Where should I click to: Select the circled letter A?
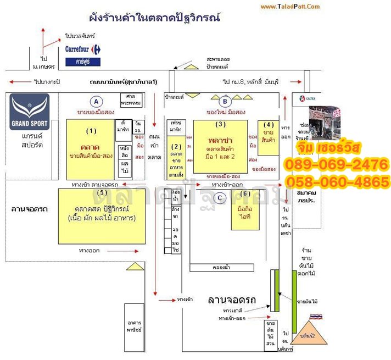[97, 101]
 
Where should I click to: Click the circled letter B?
[224, 101]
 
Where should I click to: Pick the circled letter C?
[220, 198]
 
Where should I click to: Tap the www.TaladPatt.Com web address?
[289, 7]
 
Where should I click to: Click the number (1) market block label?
[91, 130]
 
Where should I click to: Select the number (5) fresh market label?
[102, 193]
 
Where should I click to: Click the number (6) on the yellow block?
[245, 193]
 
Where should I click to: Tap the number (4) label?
[269, 124]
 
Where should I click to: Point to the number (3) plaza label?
[221, 124]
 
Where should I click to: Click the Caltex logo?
[301, 99]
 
